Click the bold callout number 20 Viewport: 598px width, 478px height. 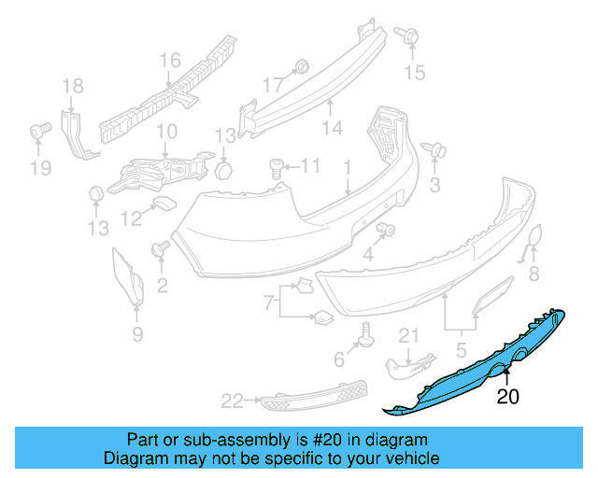507,396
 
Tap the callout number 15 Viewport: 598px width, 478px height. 413,71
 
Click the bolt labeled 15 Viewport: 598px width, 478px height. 408,36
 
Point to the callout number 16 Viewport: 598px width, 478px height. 169,61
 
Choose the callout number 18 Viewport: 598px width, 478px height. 73,88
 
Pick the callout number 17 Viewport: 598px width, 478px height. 271,84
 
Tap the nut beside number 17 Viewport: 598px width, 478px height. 302,66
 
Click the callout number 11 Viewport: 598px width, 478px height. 309,167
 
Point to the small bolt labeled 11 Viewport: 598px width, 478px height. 277,167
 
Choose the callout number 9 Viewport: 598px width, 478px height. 136,333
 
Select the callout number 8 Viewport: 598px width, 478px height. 534,274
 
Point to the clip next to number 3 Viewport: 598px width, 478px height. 434,148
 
